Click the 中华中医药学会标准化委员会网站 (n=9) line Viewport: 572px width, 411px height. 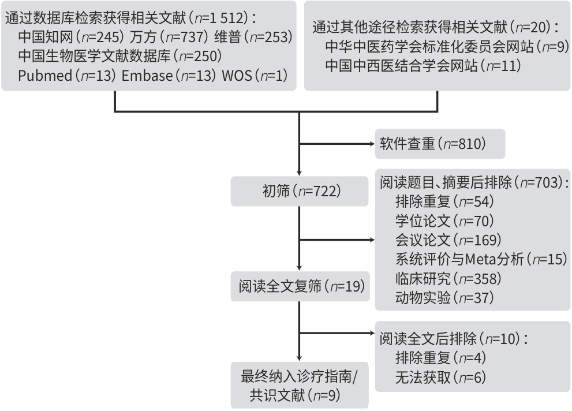pos(447,47)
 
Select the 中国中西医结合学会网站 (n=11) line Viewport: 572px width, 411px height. pos(423,66)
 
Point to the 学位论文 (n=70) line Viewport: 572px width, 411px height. pos(444,221)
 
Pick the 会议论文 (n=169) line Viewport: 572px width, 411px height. pos(448,240)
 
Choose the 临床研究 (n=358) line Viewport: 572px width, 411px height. pos(448,279)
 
